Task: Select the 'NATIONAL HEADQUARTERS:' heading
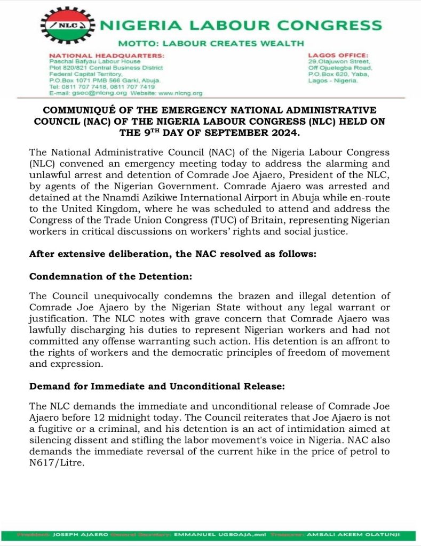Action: [x=107, y=55]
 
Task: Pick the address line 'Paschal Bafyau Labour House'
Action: [x=94, y=61]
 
